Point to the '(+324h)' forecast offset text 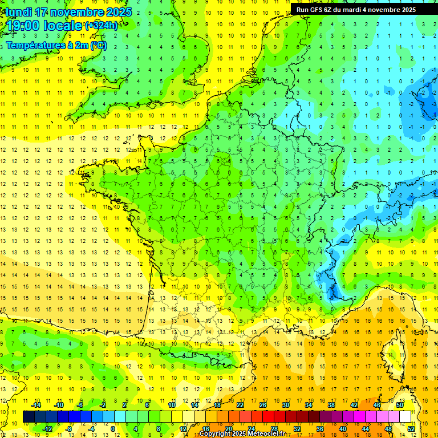click(102, 26)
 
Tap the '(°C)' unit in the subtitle click(97, 45)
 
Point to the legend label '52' click(411, 429)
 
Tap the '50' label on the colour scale click(400, 405)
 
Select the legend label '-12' click(48, 429)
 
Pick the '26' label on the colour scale click(263, 405)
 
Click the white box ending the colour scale click(405, 417)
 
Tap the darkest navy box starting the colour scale click(29, 417)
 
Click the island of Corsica click(394, 356)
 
